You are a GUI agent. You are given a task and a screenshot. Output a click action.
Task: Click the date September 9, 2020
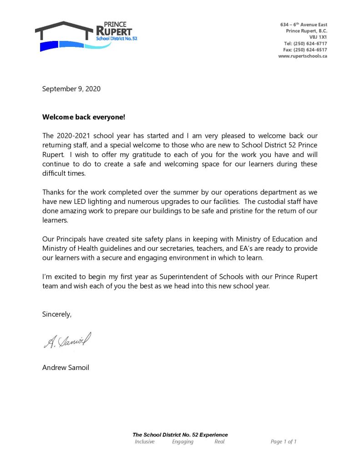click(71, 89)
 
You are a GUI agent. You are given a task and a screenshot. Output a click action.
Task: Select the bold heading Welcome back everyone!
click(83, 117)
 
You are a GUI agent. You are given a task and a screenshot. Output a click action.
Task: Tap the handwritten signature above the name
click(67, 340)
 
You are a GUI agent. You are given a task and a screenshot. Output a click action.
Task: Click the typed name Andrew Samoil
click(66, 368)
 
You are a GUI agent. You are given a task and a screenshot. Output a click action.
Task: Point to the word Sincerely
click(57, 314)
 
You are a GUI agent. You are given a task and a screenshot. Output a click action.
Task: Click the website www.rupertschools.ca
click(302, 56)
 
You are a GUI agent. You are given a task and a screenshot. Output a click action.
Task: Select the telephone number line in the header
click(305, 43)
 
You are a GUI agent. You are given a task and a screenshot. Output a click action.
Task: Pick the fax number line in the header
click(305, 50)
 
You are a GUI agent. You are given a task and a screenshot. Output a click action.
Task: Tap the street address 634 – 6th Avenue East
click(303, 24)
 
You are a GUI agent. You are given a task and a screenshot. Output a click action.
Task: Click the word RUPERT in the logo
click(114, 31)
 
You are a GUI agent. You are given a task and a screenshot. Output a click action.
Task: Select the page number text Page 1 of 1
click(284, 441)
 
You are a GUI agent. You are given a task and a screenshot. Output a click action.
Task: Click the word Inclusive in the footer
click(145, 441)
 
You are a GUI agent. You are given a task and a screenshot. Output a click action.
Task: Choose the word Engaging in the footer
click(183, 441)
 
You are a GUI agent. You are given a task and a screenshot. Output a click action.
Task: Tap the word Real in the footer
click(219, 441)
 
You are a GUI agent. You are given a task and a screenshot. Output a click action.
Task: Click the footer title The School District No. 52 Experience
click(180, 435)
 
